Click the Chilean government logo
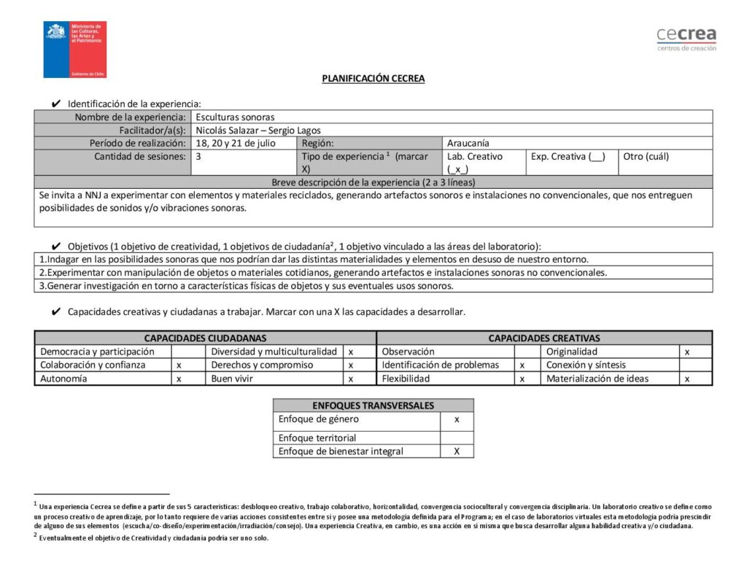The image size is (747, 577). (x=75, y=50)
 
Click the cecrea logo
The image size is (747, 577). (x=686, y=38)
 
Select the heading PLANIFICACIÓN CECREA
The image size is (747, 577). (x=373, y=79)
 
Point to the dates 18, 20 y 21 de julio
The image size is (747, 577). (x=236, y=143)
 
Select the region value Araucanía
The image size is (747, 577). (x=468, y=143)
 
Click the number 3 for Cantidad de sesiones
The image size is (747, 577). (x=198, y=156)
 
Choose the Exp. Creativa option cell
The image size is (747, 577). (x=568, y=156)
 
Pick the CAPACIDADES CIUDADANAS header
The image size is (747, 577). (x=205, y=338)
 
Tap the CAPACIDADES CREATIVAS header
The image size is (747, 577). (x=544, y=338)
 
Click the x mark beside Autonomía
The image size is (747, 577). (x=179, y=379)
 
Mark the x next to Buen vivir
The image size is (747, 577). (x=350, y=379)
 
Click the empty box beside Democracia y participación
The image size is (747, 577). (x=179, y=352)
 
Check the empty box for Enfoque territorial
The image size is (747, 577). (x=457, y=438)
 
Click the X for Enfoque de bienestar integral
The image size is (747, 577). (x=457, y=451)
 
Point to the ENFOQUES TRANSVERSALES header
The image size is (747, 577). (x=373, y=406)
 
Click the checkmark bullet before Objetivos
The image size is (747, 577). (x=55, y=247)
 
